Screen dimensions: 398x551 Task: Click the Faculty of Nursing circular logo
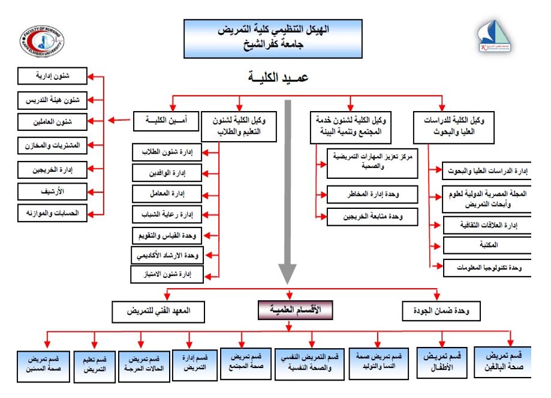tap(42, 40)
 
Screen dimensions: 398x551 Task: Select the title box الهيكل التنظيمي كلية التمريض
tap(273, 38)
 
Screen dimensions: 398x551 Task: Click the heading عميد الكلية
tap(287, 78)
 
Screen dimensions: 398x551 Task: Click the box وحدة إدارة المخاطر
tap(372, 194)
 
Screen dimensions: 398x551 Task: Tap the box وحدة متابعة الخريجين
tap(372, 216)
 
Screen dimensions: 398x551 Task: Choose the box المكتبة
tap(486, 246)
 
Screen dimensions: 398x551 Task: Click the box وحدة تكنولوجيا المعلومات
tap(486, 268)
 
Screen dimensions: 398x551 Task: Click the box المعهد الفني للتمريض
tap(158, 312)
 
